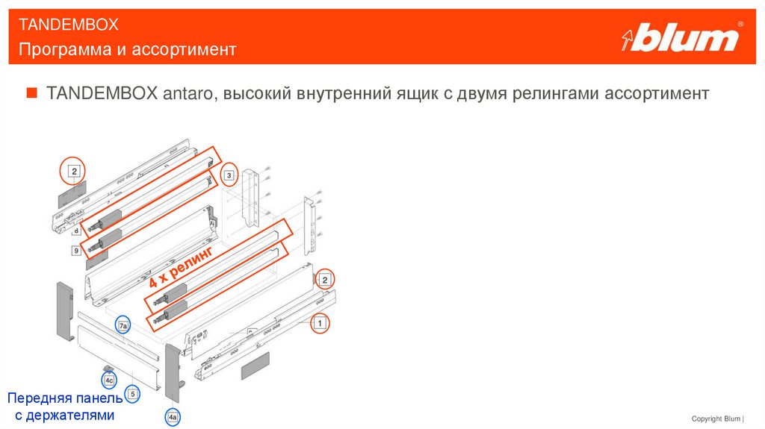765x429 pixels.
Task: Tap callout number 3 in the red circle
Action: point(230,176)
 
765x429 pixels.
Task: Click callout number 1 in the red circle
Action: point(320,323)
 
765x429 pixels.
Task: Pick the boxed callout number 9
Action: point(76,251)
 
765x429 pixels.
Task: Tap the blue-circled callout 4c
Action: point(109,381)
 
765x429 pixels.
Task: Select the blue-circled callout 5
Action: point(132,393)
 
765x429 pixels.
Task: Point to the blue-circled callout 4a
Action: point(173,417)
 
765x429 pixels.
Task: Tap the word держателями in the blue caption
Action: point(71,415)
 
